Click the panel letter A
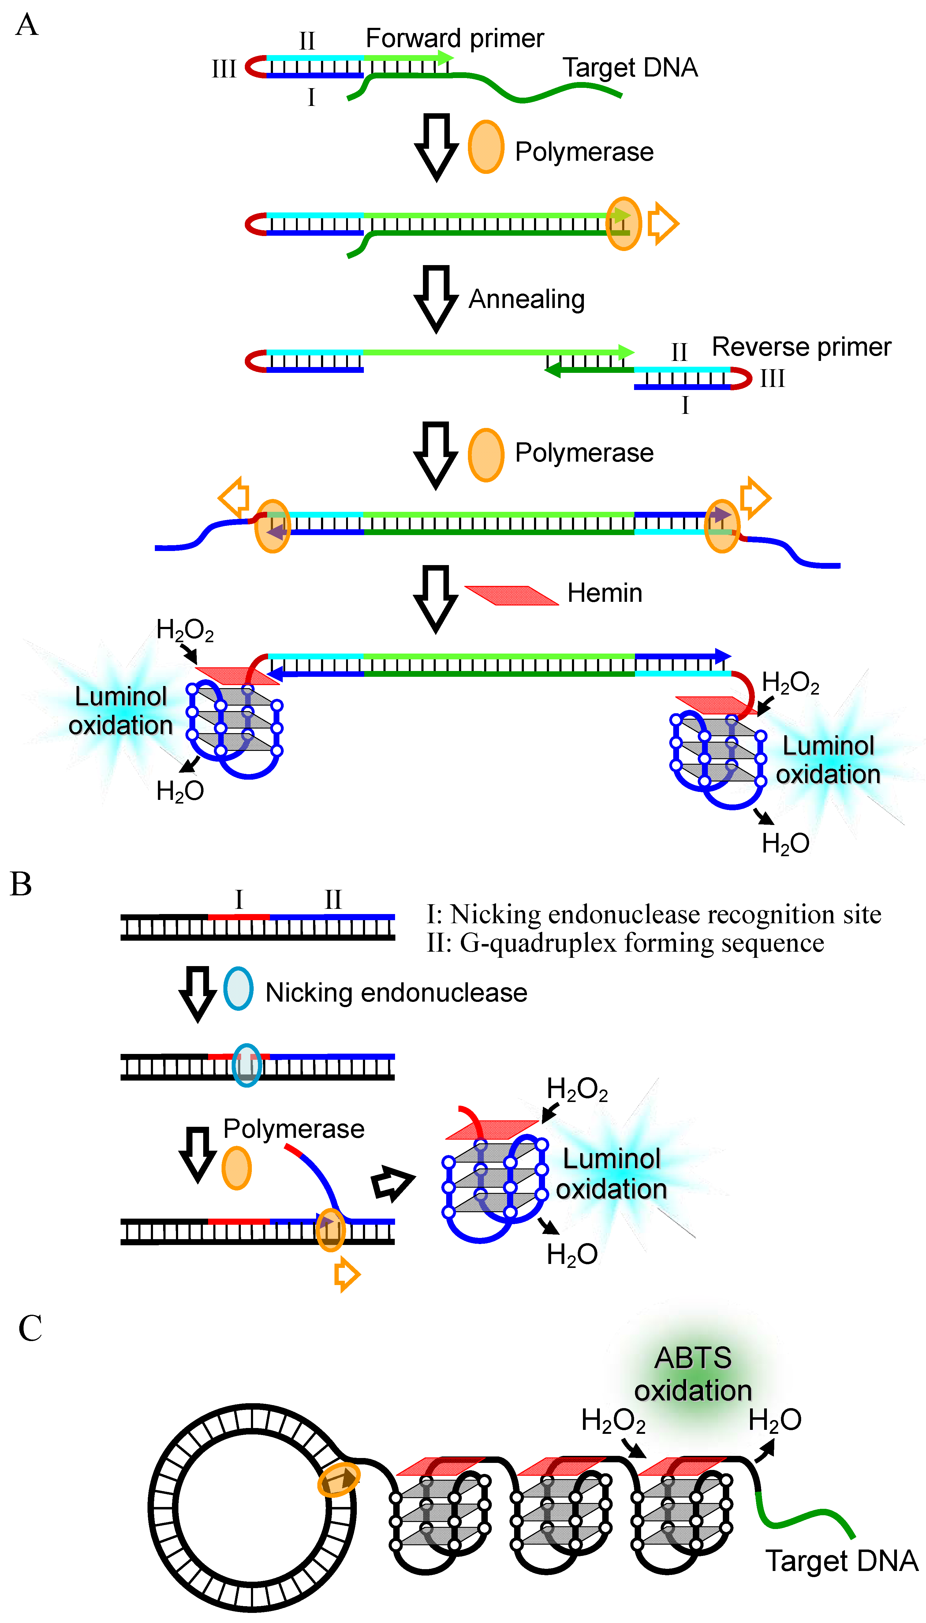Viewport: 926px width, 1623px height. point(27,25)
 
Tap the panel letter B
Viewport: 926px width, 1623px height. point(21,884)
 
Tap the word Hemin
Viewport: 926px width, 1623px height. point(604,593)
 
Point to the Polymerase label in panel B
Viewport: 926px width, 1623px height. point(294,1129)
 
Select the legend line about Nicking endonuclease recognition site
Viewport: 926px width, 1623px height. point(653,915)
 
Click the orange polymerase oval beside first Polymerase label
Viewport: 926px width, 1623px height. point(486,147)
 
